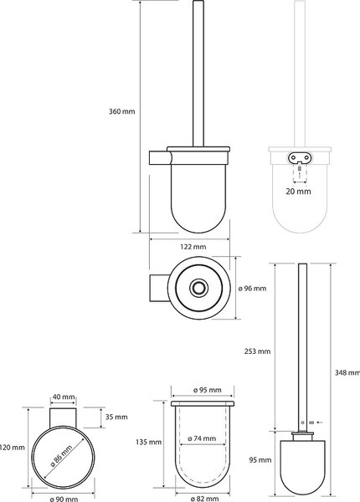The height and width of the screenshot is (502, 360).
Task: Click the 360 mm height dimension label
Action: [122, 112]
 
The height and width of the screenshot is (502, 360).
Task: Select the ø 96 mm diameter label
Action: [252, 289]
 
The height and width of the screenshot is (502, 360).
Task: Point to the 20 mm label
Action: [299, 192]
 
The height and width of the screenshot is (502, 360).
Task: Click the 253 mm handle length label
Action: [258, 351]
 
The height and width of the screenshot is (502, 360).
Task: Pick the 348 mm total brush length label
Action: [347, 372]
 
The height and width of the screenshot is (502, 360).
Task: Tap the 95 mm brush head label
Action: [260, 460]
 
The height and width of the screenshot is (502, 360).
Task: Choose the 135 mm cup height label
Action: [149, 442]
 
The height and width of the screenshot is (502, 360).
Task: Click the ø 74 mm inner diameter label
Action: [202, 438]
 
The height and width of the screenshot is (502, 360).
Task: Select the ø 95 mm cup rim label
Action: [208, 390]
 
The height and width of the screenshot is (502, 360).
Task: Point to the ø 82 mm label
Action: [204, 499]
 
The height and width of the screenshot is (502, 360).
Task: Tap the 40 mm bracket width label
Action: [64, 397]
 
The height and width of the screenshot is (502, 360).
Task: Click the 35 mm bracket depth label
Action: [116, 417]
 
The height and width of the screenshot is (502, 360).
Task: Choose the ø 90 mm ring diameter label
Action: [64, 499]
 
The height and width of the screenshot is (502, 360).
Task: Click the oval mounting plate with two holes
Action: [300, 157]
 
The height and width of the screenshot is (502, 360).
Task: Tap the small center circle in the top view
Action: [199, 288]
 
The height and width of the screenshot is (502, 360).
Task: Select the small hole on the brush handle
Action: [303, 423]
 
